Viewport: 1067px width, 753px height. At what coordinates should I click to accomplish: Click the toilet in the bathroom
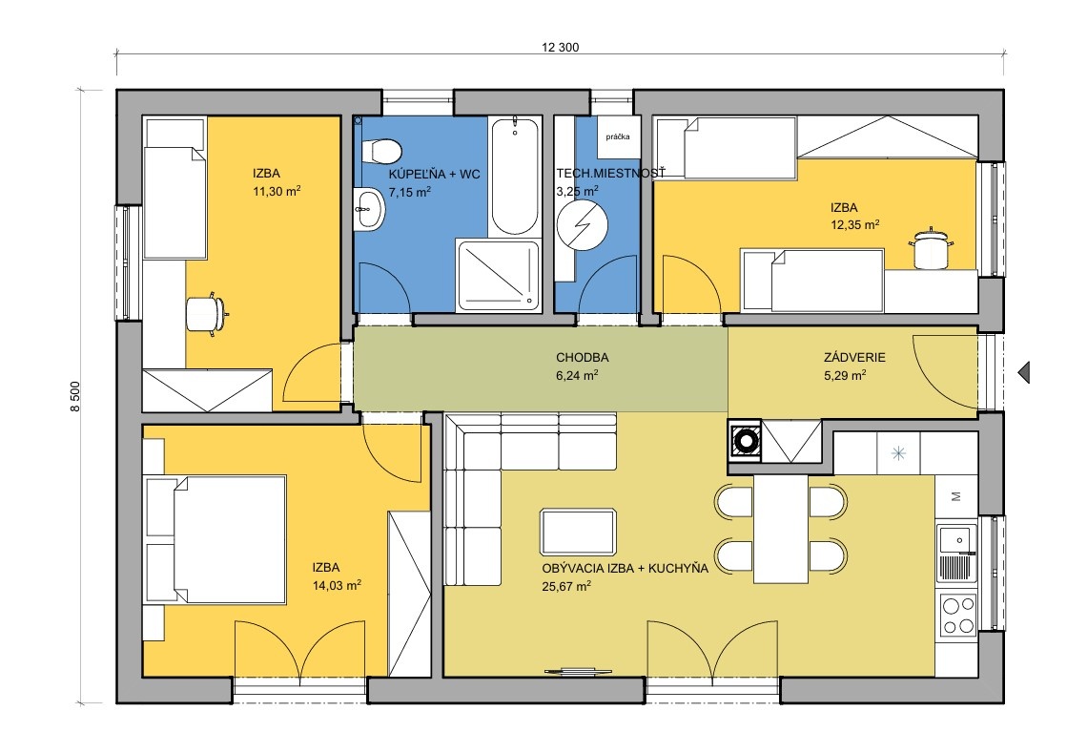tap(381, 151)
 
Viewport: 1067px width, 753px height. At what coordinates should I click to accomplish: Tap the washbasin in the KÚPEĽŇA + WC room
tap(370, 207)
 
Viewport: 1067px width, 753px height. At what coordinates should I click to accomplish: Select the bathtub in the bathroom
tap(515, 177)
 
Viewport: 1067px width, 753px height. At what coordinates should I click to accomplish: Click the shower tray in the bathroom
tap(499, 275)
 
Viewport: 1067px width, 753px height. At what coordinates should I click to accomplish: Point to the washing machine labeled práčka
tap(618, 136)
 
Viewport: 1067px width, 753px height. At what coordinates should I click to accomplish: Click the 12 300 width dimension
tap(560, 47)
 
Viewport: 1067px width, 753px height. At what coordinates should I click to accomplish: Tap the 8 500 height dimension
tap(75, 395)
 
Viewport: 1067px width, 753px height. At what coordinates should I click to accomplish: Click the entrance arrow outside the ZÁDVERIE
tap(1023, 372)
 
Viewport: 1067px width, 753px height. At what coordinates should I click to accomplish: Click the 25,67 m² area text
tap(566, 586)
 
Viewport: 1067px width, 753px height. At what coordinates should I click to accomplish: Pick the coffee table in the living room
tap(578, 532)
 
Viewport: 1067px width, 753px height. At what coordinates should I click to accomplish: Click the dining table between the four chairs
tap(781, 529)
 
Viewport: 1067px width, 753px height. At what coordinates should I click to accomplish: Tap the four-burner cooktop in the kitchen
tap(958, 615)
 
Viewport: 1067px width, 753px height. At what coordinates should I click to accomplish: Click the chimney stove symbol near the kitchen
tap(745, 440)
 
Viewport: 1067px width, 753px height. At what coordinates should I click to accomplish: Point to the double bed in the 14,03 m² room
tap(215, 539)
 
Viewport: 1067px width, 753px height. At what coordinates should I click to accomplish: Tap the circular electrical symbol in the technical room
tap(582, 224)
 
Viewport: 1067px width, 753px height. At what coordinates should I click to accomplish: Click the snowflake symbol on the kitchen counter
tap(898, 452)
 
